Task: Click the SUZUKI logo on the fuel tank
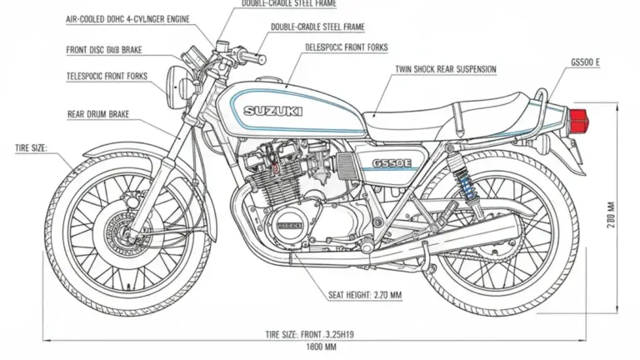273,110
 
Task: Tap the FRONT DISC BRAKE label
103,50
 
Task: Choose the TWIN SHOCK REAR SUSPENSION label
445,67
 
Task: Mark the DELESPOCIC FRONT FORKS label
347,47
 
